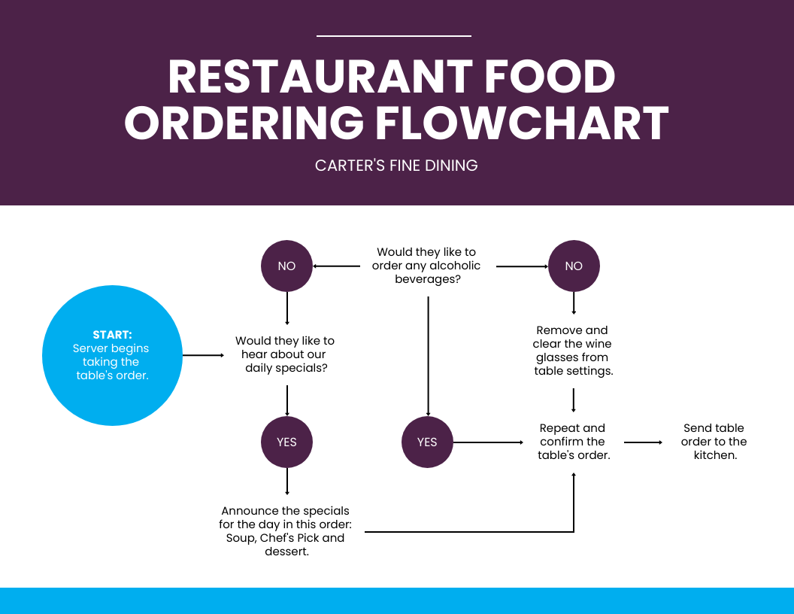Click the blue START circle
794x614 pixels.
point(112,355)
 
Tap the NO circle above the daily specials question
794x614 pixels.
point(286,266)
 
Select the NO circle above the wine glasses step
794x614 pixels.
point(574,266)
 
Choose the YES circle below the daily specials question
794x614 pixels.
point(286,442)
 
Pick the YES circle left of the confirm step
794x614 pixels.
point(427,442)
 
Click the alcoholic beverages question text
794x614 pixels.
point(426,266)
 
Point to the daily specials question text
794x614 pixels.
point(285,354)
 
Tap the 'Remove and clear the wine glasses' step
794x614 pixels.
point(573,351)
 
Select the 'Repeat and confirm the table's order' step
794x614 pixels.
point(573,442)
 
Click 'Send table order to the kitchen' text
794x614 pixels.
point(714,442)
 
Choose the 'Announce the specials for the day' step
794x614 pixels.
point(285,531)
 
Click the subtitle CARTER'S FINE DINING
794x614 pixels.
point(396,166)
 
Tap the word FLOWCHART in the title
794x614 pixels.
point(522,123)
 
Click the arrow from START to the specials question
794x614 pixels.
point(203,354)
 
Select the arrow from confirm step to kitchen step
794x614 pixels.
point(643,442)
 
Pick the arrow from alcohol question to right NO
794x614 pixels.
point(522,266)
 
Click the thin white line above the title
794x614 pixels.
point(394,35)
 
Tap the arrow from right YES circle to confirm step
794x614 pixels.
point(489,442)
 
